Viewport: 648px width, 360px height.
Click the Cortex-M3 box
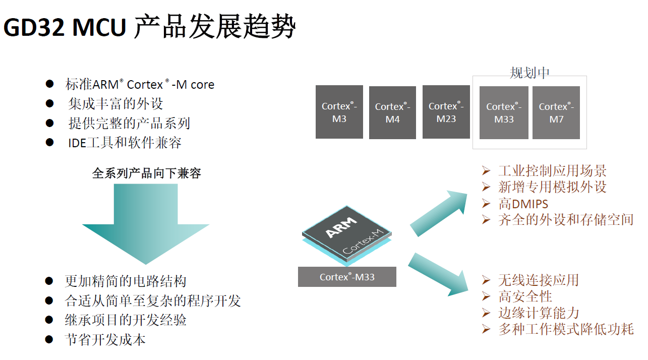click(x=339, y=112)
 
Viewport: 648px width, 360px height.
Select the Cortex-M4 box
click(x=392, y=112)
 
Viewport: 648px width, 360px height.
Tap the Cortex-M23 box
click(x=446, y=112)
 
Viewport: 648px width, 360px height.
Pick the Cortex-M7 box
click(x=556, y=112)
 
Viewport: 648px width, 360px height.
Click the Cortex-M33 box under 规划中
click(x=504, y=112)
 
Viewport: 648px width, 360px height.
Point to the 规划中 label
click(x=529, y=73)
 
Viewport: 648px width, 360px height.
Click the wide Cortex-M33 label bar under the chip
click(x=347, y=277)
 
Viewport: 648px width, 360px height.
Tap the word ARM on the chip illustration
click(x=341, y=227)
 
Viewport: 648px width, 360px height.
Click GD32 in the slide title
click(x=34, y=27)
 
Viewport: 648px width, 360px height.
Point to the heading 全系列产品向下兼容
click(x=146, y=173)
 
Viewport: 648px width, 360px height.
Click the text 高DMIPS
click(x=523, y=204)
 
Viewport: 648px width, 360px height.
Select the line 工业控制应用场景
click(x=552, y=171)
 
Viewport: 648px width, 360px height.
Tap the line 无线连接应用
click(x=539, y=280)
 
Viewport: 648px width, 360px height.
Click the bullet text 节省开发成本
click(x=105, y=339)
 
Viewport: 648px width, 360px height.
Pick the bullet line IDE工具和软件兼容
click(x=125, y=143)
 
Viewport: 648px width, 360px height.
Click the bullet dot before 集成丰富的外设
click(x=50, y=103)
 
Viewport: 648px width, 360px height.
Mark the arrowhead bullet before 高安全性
click(x=486, y=296)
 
